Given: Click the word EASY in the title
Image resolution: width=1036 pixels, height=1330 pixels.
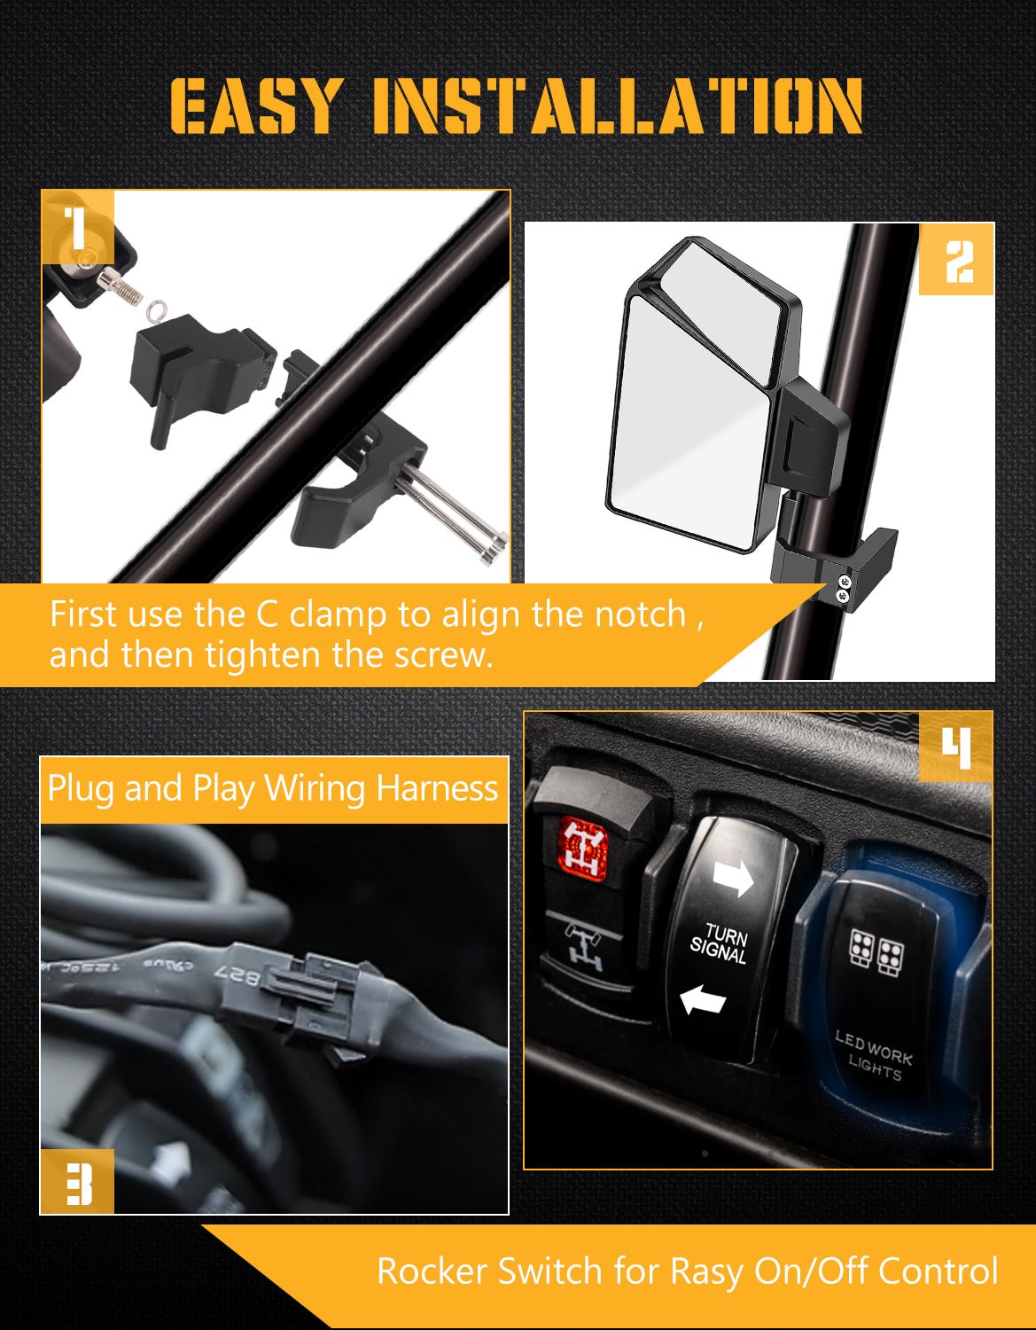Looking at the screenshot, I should tap(255, 106).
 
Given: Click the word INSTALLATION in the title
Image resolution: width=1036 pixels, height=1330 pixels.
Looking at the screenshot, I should tap(617, 106).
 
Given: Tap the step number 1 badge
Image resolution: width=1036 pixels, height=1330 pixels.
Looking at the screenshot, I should tap(78, 227).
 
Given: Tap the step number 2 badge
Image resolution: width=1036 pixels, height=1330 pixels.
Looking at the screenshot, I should tap(957, 261).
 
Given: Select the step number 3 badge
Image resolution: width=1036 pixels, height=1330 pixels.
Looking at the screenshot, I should tap(78, 1182).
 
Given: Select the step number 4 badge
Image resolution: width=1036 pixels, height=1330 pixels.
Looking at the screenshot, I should tap(955, 747).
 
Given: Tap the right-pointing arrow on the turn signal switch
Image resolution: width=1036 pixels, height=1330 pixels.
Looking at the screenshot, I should tap(732, 878).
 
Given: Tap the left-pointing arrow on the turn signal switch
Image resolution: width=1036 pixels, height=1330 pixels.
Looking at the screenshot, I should tap(702, 1001).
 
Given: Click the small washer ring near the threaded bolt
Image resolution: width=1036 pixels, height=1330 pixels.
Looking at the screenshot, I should tap(157, 309).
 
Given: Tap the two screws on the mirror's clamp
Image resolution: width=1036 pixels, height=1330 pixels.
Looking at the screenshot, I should tap(842, 588).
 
